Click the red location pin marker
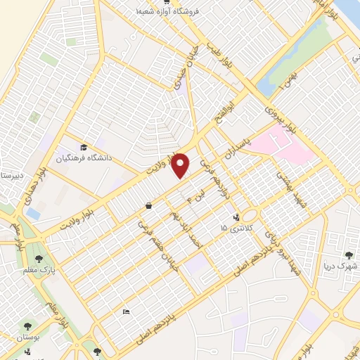click(x=181, y=165)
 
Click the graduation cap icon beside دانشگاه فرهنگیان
click(x=84, y=148)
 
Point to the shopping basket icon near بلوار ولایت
click(x=148, y=205)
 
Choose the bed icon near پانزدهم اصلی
click(x=126, y=311)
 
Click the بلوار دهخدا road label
click(x=35, y=186)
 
